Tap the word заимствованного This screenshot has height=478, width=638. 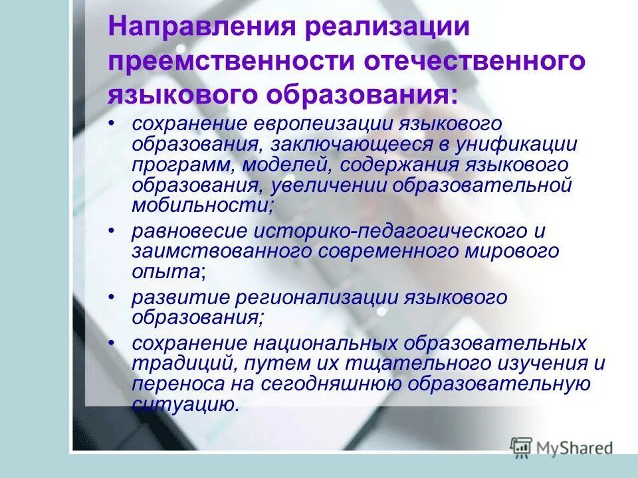click(221, 252)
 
